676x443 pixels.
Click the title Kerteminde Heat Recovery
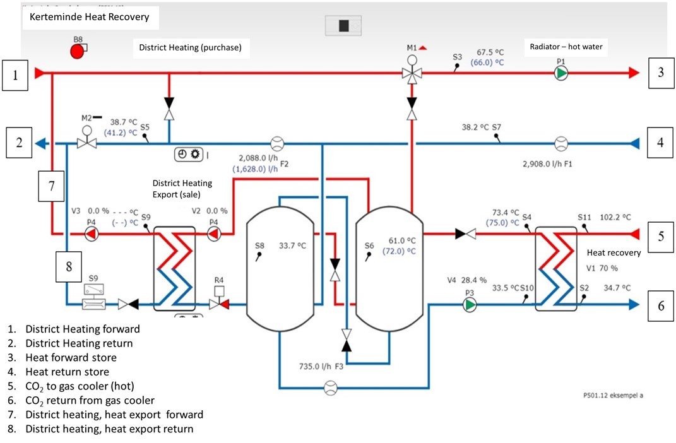(x=90, y=17)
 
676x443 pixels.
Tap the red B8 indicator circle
(x=77, y=52)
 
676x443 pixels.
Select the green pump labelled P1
(x=560, y=73)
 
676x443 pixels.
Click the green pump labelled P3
(x=469, y=305)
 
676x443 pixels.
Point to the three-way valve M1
(x=412, y=73)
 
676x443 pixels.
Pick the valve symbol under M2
(x=86, y=143)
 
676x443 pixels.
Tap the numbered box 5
(x=661, y=237)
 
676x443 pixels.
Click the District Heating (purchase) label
(x=190, y=47)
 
